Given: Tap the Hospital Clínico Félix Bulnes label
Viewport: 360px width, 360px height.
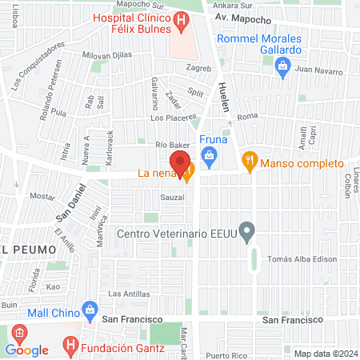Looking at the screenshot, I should coord(132,23).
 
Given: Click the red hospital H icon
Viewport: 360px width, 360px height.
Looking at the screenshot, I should coord(183,19).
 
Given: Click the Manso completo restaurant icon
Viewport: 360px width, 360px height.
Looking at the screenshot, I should coord(249,160).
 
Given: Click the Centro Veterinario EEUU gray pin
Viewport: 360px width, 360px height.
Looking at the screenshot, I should coord(248,233).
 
